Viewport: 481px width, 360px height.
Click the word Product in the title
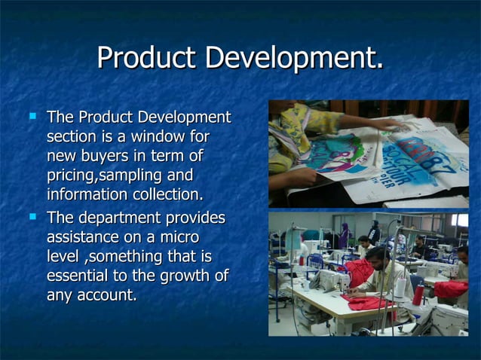[x=148, y=59]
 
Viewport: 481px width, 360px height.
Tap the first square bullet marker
[x=32, y=117]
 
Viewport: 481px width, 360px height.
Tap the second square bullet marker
[x=32, y=217]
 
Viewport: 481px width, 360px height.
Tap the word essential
[x=79, y=276]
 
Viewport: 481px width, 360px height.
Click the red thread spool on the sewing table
[x=418, y=294]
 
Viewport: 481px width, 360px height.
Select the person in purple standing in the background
[x=344, y=236]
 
